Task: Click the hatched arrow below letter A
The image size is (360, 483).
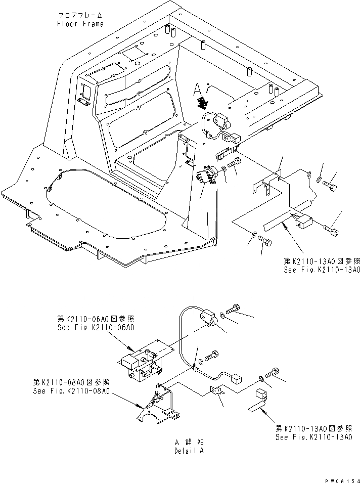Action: pyautogui.click(x=203, y=104)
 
